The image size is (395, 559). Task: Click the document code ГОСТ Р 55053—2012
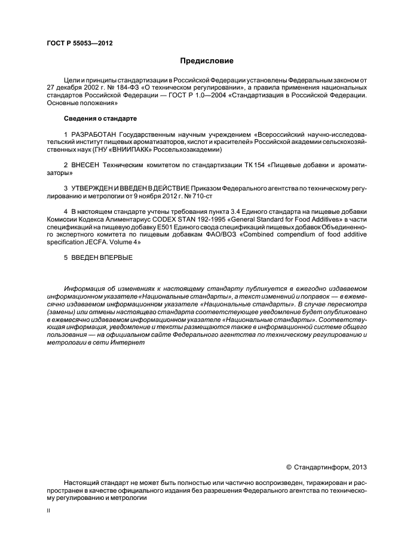tap(79, 44)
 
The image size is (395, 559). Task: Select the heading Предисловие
tap(207, 61)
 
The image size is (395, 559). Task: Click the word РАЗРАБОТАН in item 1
tap(94, 134)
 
